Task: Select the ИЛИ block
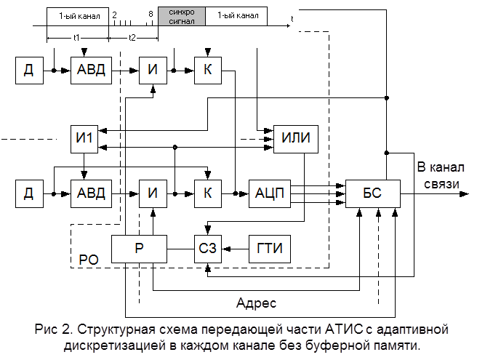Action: [295, 138]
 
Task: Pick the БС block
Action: [373, 193]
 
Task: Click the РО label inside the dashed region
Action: [88, 259]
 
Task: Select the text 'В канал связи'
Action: [438, 175]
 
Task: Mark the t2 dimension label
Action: [133, 36]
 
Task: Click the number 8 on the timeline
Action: [151, 14]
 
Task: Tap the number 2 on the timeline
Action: [114, 14]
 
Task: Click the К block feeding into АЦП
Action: [208, 193]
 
